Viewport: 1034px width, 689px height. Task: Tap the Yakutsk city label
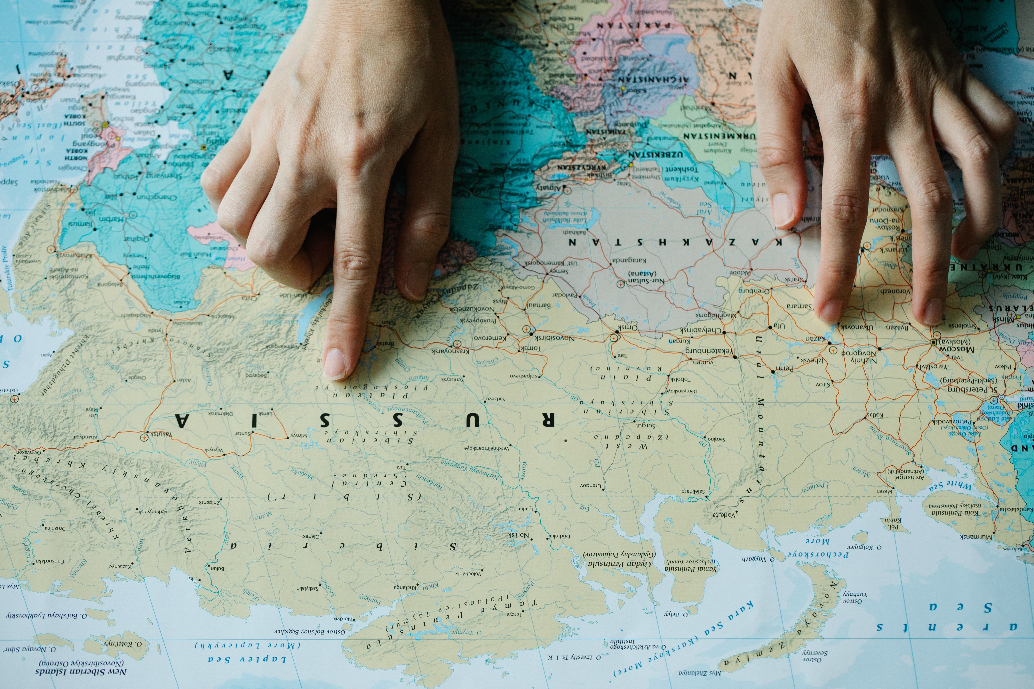click(161, 434)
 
